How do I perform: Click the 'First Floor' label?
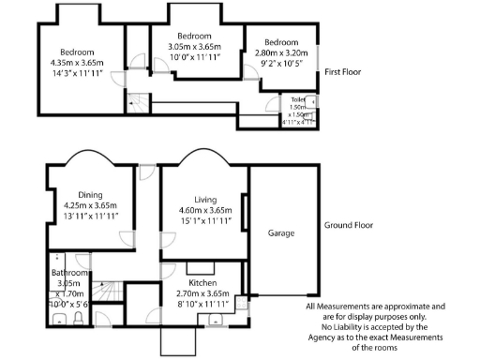pos(343,72)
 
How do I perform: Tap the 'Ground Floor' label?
pos(349,226)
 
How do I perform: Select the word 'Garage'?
pos(281,232)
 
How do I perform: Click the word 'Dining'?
pos(90,193)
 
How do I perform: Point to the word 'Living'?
pos(205,200)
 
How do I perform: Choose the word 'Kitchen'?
pos(202,282)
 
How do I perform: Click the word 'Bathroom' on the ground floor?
pos(70,273)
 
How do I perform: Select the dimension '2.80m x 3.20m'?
pos(281,53)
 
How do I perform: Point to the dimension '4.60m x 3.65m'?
pos(205,211)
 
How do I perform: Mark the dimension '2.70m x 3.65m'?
pos(202,293)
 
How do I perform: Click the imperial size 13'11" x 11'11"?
pos(90,216)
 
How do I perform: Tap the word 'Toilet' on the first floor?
pos(298,98)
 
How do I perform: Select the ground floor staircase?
pos(109,291)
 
